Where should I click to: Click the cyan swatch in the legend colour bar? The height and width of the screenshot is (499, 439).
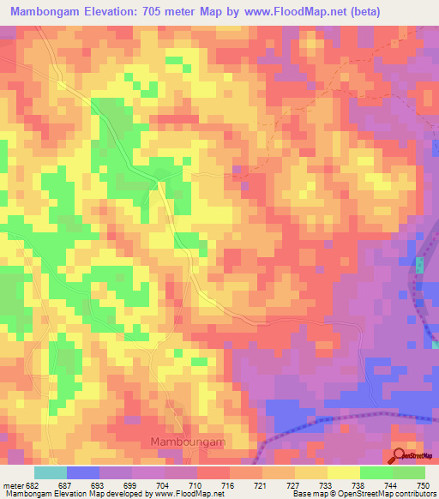(51, 472)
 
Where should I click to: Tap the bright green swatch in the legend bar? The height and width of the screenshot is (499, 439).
(376, 472)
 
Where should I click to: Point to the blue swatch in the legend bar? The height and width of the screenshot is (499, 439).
(83, 472)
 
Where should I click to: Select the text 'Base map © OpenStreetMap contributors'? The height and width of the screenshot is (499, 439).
(363, 494)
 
